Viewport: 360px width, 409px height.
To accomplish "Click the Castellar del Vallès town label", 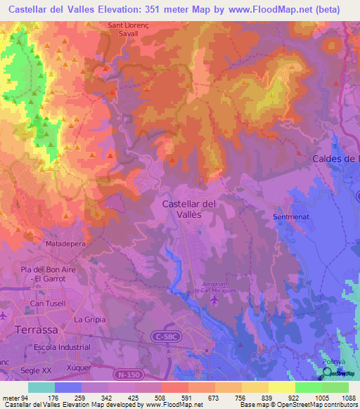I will coord(188,209).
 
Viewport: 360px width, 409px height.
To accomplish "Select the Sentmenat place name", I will coord(290,218).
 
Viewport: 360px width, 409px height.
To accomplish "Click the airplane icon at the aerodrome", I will coord(214,301).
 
